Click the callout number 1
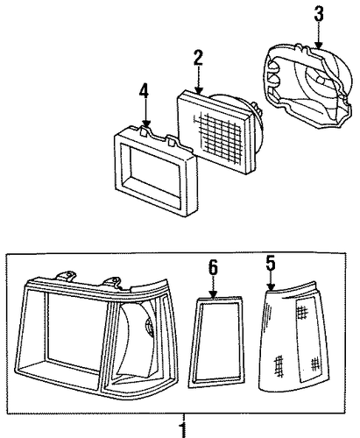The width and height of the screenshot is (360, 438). click(183, 429)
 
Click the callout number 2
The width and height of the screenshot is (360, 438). click(198, 58)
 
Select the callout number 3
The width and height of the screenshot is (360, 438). click(319, 14)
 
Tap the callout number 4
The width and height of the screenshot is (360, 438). click(144, 91)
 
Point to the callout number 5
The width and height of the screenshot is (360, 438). click(271, 263)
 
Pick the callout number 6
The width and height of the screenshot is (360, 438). click(213, 268)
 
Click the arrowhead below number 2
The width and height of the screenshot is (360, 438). click(198, 90)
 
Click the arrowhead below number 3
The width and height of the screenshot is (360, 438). click(319, 45)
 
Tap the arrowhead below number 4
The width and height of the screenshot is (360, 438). click(146, 124)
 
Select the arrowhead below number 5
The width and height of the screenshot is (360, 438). click(271, 286)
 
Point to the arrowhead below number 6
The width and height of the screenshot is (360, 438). click(214, 294)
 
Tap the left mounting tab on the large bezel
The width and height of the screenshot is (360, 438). click(66, 275)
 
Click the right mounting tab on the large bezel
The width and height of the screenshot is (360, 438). click(114, 282)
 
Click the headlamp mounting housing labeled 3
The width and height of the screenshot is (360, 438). click(307, 86)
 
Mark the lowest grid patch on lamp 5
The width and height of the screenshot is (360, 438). click(279, 366)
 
